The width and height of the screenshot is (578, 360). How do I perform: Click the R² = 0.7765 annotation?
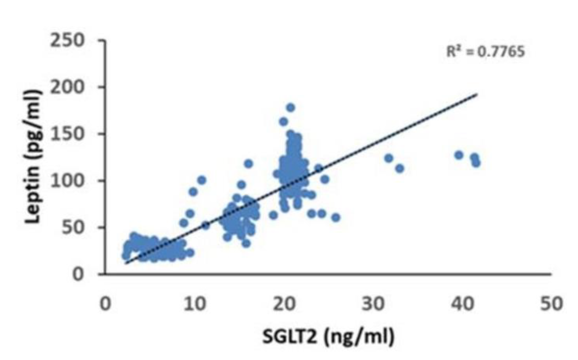click(485, 52)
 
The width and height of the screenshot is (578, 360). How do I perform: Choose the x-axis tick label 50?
click(551, 304)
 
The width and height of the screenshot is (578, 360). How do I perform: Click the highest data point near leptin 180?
click(291, 108)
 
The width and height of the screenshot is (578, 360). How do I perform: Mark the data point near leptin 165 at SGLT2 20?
click(283, 122)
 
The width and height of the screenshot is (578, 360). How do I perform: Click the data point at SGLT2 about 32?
click(389, 158)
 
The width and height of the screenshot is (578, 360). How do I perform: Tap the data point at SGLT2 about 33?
click(400, 169)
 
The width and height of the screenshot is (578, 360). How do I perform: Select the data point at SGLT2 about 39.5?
click(459, 155)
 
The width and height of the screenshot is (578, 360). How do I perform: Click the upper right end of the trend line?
click(477, 94)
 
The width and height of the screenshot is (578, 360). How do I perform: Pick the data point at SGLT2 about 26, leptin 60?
click(335, 217)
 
